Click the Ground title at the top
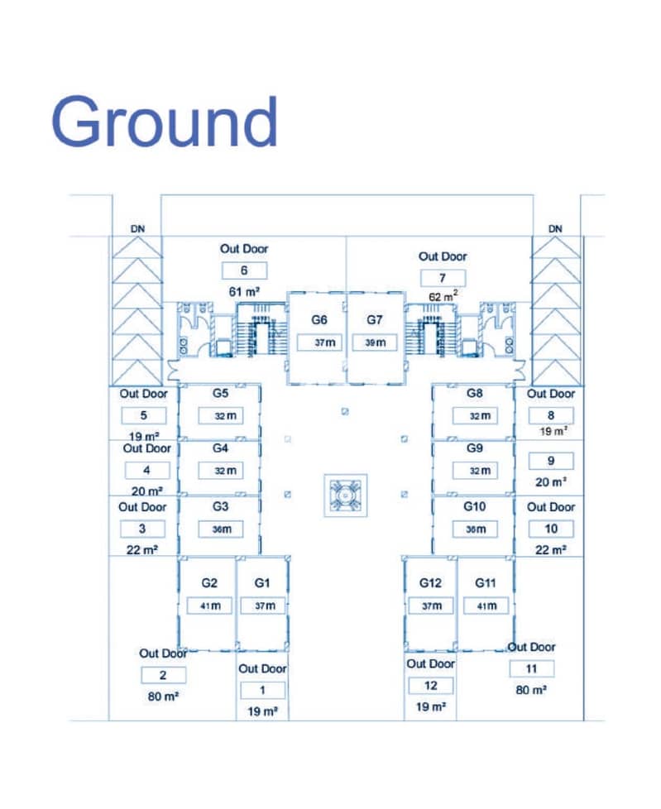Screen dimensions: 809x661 coord(165,122)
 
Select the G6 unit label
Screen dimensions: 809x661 coord(319,320)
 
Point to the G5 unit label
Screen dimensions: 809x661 coord(220,393)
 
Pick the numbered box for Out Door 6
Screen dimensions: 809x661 coord(244,270)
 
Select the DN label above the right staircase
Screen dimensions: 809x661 coord(555,228)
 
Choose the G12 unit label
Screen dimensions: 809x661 coord(430,582)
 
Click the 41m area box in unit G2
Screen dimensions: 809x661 coord(209,606)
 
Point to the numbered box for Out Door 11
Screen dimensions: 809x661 coord(531,668)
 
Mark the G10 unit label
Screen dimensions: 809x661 coord(475,506)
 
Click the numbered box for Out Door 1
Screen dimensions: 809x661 coord(262,690)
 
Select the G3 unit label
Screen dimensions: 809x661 coord(220,506)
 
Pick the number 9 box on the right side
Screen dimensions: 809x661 coord(550,461)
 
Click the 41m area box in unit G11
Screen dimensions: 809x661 coord(486,606)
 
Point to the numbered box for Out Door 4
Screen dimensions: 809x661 coord(146,470)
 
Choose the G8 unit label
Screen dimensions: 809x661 coord(475,393)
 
